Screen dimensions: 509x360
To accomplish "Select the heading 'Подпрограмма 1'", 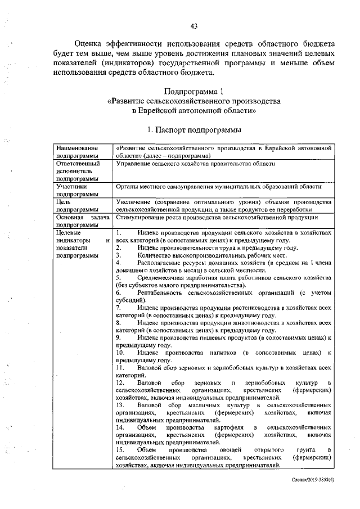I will [x=193, y=91].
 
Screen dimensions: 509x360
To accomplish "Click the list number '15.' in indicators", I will [x=120, y=450].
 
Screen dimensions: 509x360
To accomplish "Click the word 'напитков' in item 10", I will [x=217, y=352].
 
